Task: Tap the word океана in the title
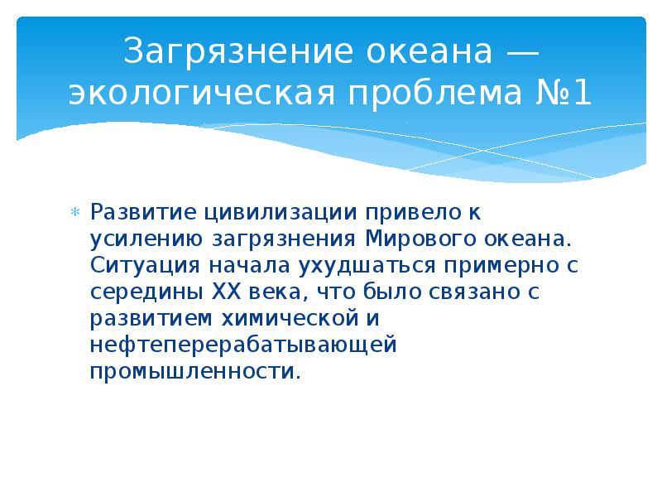[424, 54]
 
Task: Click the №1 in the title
[564, 92]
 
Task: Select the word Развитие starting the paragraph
[138, 213]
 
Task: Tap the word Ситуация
[140, 266]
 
